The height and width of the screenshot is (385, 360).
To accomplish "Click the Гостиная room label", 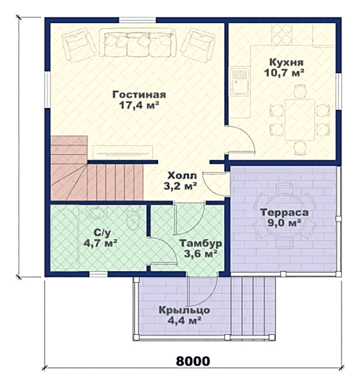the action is (139, 94).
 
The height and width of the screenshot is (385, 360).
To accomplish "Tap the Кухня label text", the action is (286, 62).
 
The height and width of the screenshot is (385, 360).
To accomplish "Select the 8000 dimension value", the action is (193, 361).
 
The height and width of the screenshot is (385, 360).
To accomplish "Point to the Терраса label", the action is (284, 213).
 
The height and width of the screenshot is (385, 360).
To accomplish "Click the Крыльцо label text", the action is (184, 310).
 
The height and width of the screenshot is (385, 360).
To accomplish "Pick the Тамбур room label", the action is (201, 244).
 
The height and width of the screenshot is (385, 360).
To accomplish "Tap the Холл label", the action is (182, 176).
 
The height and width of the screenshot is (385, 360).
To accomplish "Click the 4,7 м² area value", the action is (100, 244).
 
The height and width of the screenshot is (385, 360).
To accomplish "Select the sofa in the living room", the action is (138, 42).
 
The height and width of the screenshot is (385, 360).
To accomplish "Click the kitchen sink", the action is (239, 82).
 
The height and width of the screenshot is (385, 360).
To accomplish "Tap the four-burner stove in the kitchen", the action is (282, 34).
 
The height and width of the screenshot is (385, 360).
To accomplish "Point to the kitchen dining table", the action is (300, 120).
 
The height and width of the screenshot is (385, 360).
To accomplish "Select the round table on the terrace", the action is (284, 216).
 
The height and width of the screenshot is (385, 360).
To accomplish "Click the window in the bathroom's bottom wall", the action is (98, 274).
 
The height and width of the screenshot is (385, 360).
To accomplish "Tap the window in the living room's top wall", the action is (138, 20).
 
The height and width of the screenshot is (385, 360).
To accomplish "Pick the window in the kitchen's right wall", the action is (339, 91).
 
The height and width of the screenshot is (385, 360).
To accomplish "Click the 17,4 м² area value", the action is (139, 105).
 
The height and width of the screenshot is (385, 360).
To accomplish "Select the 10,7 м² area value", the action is (284, 73).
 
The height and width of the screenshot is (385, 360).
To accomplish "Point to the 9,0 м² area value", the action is (284, 223).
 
